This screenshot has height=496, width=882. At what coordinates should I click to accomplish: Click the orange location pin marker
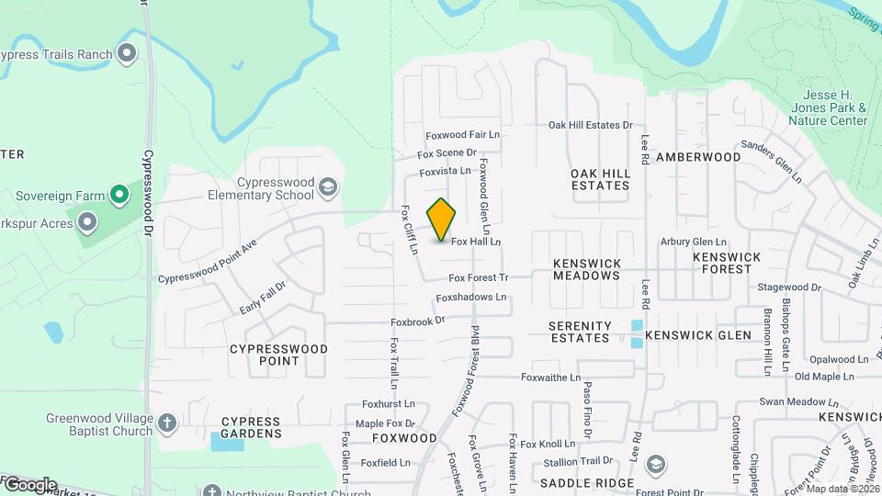442,219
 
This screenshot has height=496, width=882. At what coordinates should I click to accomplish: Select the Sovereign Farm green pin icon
119,195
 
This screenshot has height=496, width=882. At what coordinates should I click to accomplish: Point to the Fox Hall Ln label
475,242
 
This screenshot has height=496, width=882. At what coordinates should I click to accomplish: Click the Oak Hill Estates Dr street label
591,125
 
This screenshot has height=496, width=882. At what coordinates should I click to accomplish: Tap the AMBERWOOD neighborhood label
697,157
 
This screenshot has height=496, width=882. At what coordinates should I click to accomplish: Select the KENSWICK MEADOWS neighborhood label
587,269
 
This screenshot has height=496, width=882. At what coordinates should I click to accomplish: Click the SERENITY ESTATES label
580,332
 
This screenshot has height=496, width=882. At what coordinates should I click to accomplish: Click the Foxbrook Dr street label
417,321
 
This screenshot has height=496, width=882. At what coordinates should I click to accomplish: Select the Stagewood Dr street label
789,287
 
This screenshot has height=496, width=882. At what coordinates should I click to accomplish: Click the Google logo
29,485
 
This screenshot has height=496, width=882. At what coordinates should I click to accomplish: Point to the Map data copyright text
842,488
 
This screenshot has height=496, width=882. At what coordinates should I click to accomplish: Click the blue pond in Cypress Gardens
227,442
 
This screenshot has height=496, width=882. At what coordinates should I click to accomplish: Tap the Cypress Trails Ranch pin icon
127,53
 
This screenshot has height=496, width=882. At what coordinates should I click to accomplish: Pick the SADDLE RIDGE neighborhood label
587,483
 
